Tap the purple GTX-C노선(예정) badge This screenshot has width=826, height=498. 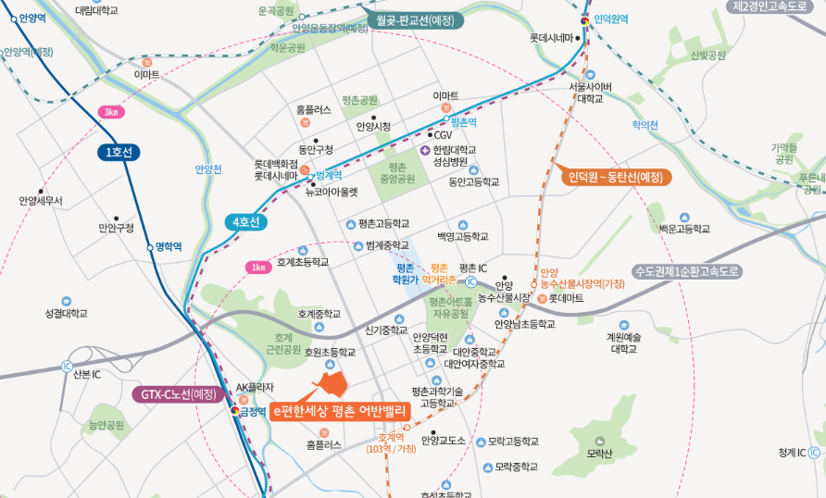click(179, 394)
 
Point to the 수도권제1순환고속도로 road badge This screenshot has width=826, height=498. click(687, 271)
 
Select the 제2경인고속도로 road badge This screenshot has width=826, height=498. click(777, 6)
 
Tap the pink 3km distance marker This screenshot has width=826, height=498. click(111, 113)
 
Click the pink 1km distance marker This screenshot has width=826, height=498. click(258, 268)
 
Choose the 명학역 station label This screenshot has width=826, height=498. click(168, 246)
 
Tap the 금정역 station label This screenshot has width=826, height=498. click(253, 412)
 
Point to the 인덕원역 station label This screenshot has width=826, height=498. click(610, 19)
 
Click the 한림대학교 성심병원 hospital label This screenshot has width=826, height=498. click(454, 156)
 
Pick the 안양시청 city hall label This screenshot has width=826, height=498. click(373, 126)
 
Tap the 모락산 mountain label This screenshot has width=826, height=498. click(600, 454)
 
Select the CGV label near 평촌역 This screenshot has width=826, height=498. click(443, 135)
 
